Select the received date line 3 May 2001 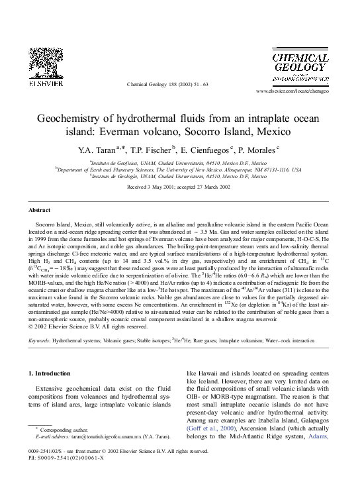[x=179, y=187]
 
